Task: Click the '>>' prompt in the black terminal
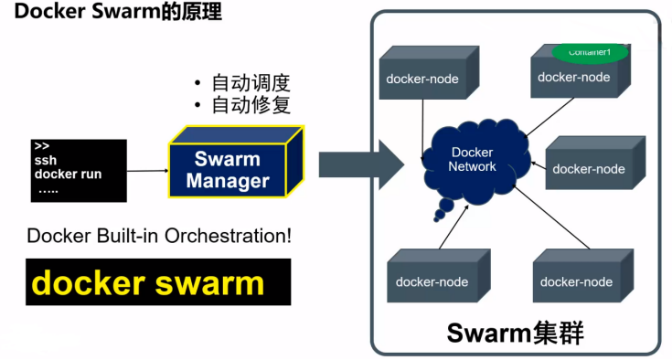pyautogui.click(x=41, y=146)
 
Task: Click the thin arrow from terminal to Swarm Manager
pyautogui.click(x=147, y=171)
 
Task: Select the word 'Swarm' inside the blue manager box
pyautogui.click(x=228, y=159)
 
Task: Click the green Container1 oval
pyautogui.click(x=589, y=51)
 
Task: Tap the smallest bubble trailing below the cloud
pyautogui.click(x=440, y=217)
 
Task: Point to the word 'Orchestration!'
pyautogui.click(x=235, y=235)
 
